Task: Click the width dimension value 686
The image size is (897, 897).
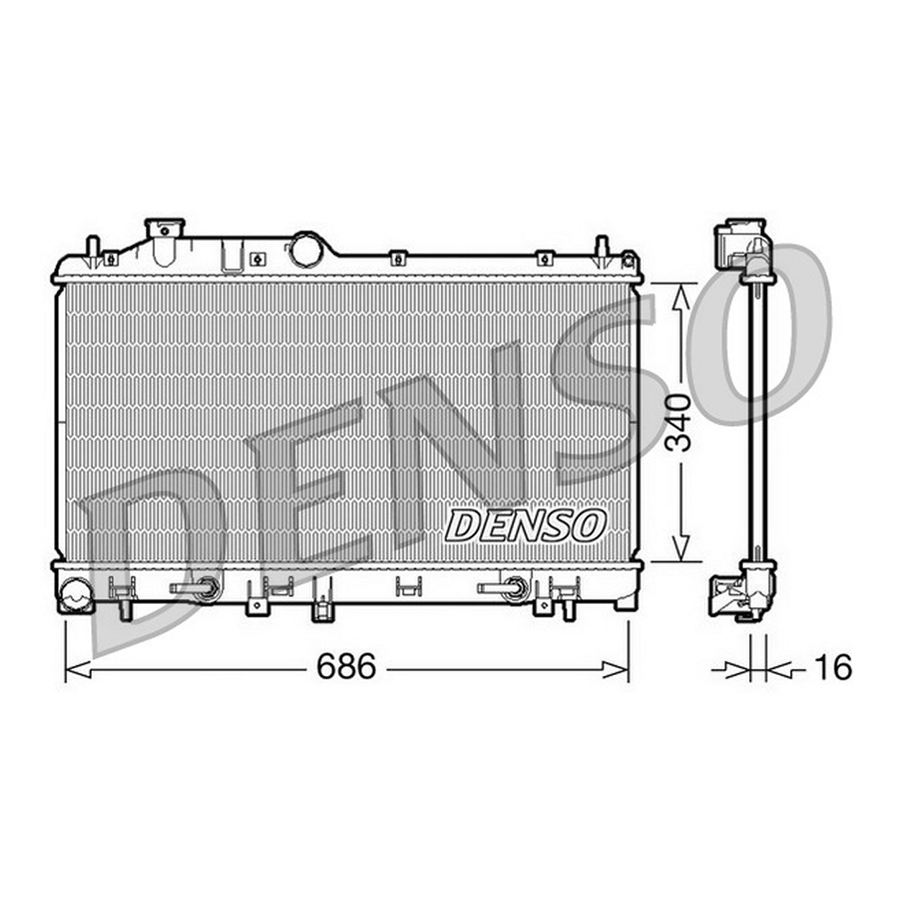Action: click(x=345, y=666)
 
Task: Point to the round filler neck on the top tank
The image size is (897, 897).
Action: click(x=305, y=249)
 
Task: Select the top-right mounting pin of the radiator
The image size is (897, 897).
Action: click(x=602, y=251)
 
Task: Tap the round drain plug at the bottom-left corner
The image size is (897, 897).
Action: click(x=75, y=591)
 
